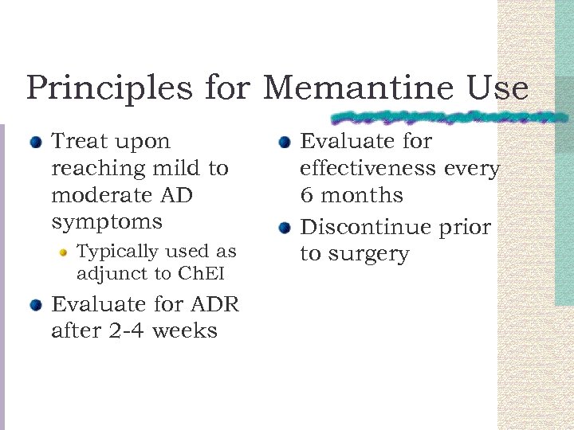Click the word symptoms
106,222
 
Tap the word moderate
99,195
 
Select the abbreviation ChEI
202,274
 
